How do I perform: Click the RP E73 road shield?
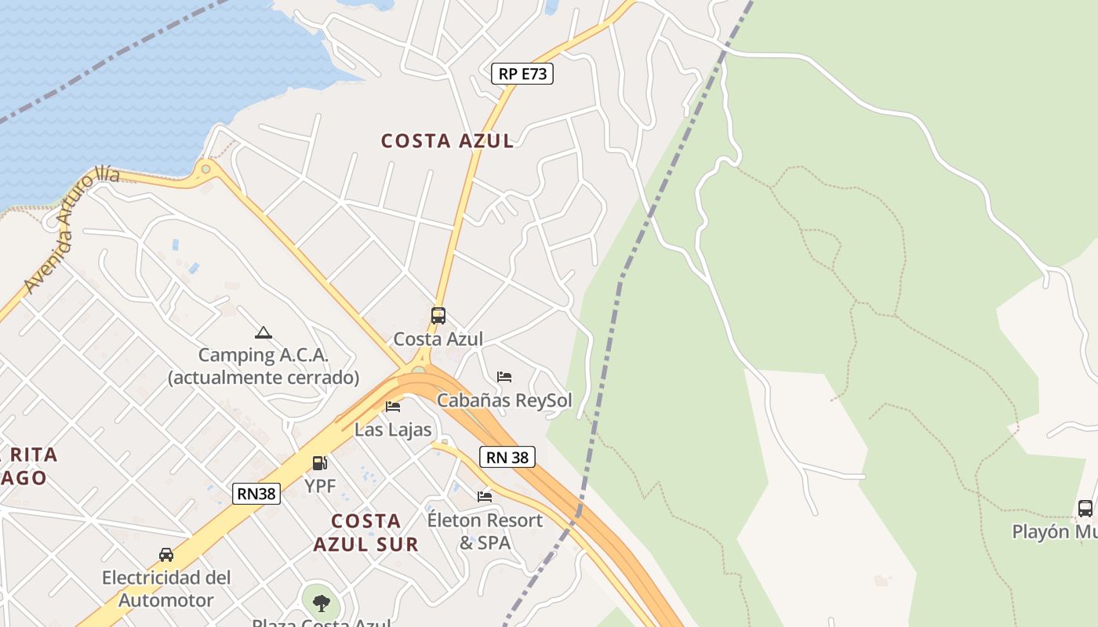coord(522,74)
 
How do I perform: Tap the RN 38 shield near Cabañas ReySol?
coord(507,457)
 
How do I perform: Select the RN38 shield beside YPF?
coord(256,493)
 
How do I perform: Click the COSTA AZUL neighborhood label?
coord(447,141)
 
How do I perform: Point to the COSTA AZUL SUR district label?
coord(365,532)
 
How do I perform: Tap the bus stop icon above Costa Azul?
coord(438,316)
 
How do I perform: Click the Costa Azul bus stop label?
coord(438,339)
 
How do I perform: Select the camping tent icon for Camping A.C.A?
coord(264,333)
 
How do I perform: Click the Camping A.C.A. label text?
coord(264,366)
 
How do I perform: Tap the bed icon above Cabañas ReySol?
coord(504,377)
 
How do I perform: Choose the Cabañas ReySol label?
coord(504,400)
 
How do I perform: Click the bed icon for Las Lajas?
coord(393,406)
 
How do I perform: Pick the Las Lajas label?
coord(393,429)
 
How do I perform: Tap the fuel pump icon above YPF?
coord(319,463)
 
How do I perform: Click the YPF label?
coord(320,486)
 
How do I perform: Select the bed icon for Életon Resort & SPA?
coord(485,496)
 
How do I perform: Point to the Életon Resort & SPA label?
coord(485,531)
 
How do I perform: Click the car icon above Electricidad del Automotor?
coord(166,555)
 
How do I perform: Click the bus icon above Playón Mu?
coord(1085,509)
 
